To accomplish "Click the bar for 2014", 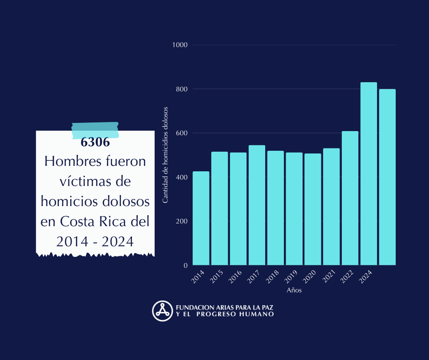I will click(x=201, y=218).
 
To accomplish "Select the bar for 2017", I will click(x=257, y=205).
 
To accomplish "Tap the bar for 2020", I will click(x=313, y=209).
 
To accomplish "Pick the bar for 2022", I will click(x=350, y=198).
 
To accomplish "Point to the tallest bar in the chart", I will click(x=369, y=174).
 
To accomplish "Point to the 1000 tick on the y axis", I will click(x=180, y=45).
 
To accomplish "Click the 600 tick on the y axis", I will click(x=182, y=133).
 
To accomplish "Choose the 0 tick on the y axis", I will click(x=185, y=265).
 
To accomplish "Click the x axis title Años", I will click(x=294, y=290).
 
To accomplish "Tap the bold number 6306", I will click(x=95, y=142).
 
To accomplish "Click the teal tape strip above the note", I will click(x=95, y=130).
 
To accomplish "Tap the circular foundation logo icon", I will click(x=162, y=311).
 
